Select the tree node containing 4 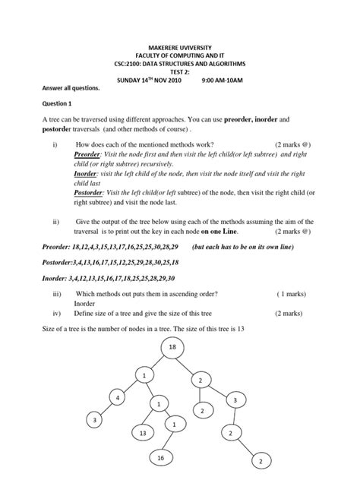118,398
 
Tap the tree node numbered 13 142,432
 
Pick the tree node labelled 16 161,459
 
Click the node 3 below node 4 95,420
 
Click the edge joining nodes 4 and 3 107,409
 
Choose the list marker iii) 57,293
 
